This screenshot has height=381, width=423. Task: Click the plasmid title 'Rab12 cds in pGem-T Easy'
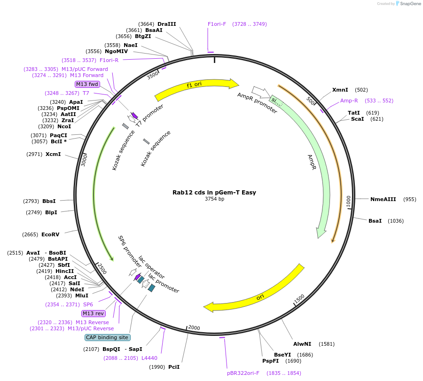coord(214,192)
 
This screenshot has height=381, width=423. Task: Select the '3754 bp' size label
coord(214,199)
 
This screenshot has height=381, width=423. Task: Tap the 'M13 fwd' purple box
coord(87,84)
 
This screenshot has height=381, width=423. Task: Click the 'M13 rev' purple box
coord(93,313)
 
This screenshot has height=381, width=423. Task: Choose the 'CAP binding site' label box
coord(107,337)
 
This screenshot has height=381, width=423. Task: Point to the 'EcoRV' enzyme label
coord(50,234)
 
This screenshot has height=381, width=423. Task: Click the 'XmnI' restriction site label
coord(340,90)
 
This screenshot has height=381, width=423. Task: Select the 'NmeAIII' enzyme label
coord(383,199)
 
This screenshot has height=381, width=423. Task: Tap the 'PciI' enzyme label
coord(174,367)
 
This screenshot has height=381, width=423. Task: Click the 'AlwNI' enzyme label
coord(302,344)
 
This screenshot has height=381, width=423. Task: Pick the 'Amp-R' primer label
coord(349,101)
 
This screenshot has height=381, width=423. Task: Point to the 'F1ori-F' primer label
coord(217,24)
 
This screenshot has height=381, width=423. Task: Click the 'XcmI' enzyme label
coord(53,154)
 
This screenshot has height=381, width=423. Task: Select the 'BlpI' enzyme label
coord(51,212)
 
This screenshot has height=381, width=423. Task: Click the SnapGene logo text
coord(410,4)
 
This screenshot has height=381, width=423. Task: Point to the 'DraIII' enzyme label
coord(167,24)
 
